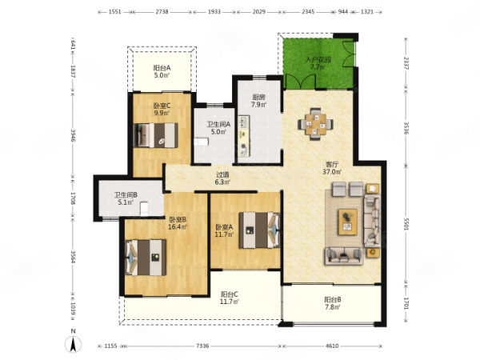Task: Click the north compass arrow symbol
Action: coord(74,344)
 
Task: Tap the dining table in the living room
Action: coord(316,124)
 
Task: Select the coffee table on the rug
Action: coord(347,222)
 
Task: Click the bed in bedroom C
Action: coord(156,135)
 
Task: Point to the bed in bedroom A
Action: coord(259,230)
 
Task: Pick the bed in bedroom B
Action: coord(146,258)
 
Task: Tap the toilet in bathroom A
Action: coord(202,142)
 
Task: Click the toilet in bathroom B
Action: coord(144,209)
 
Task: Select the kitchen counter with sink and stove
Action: coord(244,136)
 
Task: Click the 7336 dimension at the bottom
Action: coord(202,346)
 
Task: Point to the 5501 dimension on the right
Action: coord(406,224)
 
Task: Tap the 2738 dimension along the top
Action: coord(162,12)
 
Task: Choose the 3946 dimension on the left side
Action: coord(73,135)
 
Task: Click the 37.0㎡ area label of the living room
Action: coord(332,172)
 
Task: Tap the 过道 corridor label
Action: coord(222,174)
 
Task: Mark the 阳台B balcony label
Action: coord(333,300)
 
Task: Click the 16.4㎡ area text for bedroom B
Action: coord(178,227)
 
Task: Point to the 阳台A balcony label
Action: coord(162,68)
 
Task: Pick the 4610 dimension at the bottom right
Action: coord(332,346)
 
